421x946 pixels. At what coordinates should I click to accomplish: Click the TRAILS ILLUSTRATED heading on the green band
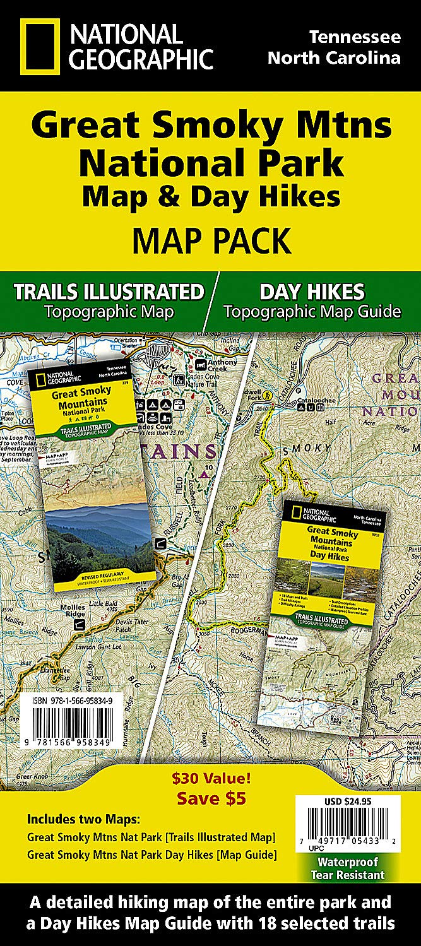(109, 292)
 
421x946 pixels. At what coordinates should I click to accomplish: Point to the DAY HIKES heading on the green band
(312, 292)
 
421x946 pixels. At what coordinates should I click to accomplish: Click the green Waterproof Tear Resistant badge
(347, 868)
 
